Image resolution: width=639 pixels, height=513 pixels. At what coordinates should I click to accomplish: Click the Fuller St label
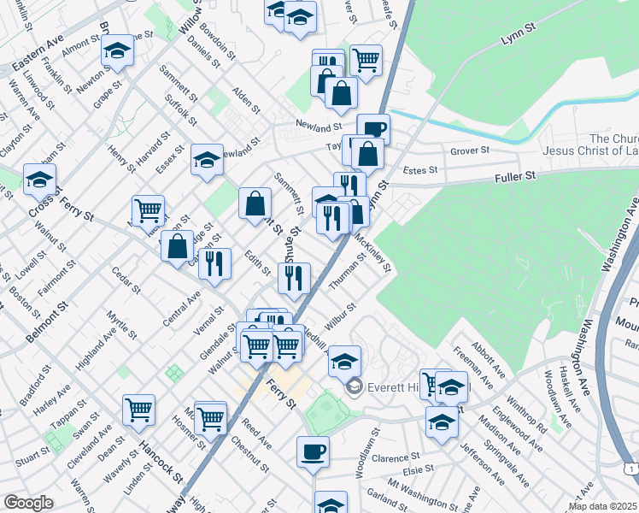(513, 176)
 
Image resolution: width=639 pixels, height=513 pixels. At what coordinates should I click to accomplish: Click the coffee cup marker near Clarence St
(313, 451)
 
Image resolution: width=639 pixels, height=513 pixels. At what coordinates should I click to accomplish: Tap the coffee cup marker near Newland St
(373, 129)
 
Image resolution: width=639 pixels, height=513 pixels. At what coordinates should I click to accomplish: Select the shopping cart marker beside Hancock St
(138, 409)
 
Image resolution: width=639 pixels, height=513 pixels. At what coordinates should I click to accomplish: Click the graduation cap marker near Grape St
(117, 50)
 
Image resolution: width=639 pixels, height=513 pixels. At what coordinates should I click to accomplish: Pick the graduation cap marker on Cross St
(39, 179)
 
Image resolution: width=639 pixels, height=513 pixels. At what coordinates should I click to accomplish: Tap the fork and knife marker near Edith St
(214, 262)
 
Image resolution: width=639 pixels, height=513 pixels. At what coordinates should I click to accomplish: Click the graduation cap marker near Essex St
(207, 160)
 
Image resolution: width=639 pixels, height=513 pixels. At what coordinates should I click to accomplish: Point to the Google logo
(28, 502)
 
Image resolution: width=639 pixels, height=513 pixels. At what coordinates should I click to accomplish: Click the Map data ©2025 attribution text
(601, 506)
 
